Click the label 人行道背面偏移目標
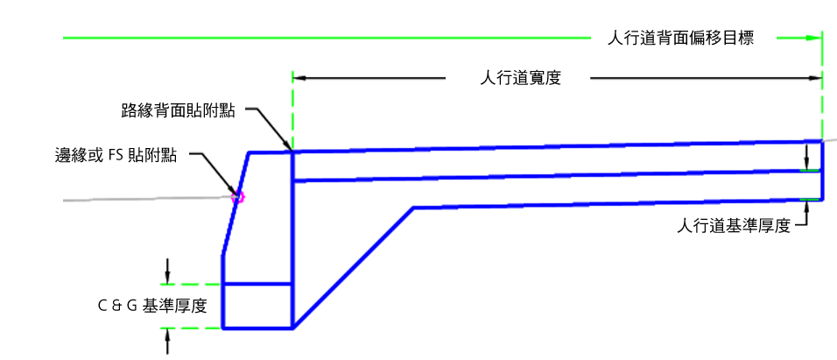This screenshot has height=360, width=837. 680,38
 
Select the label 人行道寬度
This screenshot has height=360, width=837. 520,78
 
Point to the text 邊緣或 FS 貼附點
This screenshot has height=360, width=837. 116,156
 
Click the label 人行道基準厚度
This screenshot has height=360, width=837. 734,226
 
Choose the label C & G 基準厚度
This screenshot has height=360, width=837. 152,306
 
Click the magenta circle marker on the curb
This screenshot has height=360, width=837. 236,197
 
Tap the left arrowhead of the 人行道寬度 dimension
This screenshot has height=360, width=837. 298,78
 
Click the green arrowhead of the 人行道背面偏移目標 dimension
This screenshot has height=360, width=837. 815,38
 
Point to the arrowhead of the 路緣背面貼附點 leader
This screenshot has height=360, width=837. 287,147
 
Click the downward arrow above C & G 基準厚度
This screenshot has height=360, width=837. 166,273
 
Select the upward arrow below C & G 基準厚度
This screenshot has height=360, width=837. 166,337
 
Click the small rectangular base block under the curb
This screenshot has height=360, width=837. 257,306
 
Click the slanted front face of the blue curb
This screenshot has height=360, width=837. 236,206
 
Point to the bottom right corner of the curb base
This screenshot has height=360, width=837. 292,328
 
